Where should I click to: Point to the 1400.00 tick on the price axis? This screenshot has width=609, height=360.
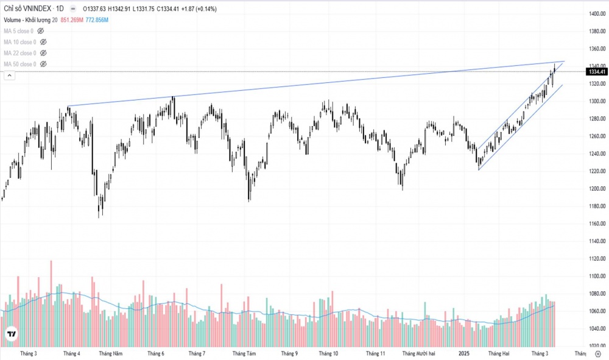pos(596,13)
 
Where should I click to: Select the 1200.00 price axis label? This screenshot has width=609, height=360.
pos(596,188)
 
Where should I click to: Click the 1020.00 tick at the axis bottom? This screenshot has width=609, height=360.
pos(596,346)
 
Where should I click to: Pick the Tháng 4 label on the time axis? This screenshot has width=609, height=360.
pos(71,353)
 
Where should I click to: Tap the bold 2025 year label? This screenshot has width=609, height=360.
pos(463,353)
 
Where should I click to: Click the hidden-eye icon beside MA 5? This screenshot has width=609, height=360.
pos(41,31)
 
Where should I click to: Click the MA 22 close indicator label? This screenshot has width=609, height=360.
pos(19,53)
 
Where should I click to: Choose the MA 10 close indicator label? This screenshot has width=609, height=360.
pos(19,42)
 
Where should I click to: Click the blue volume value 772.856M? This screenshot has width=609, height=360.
pos(97,20)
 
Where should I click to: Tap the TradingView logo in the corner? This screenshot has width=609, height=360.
pos(10,334)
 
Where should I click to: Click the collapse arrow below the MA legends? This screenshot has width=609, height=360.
pos(9,75)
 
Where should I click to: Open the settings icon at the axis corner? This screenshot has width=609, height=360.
pos(597,353)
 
